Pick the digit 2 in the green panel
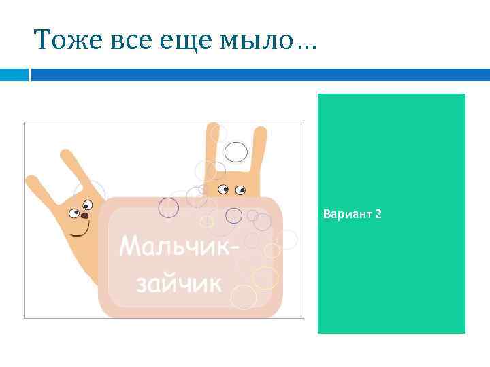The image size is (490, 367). [378, 215]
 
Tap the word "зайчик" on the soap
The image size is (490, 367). [179, 283]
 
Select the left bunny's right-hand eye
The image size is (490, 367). [87, 204]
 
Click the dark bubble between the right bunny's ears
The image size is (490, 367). [235, 152]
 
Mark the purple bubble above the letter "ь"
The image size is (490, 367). [168, 207]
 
